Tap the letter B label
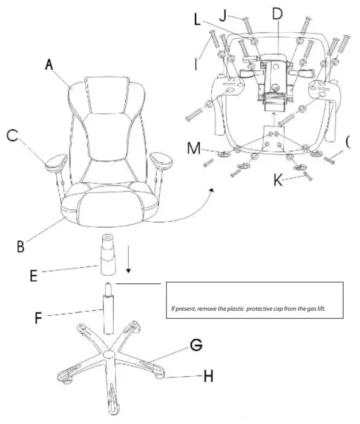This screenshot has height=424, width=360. (21, 247)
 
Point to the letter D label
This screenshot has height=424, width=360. (278, 13)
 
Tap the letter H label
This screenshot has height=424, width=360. (209, 376)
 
